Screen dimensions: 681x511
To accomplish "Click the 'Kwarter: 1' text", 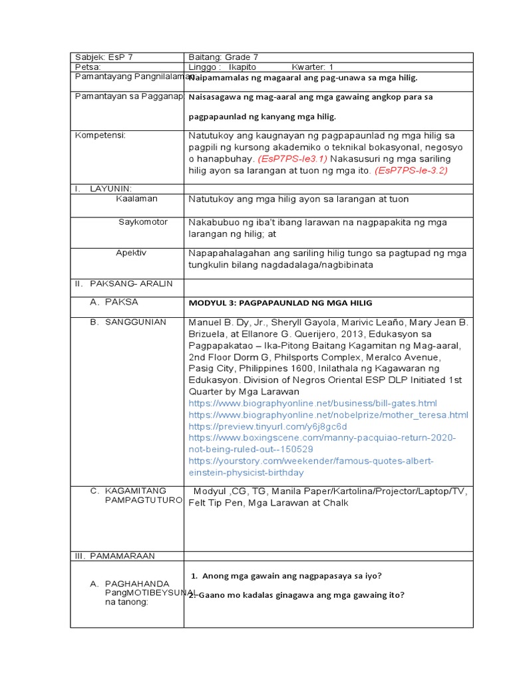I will pyautogui.click(x=312, y=67).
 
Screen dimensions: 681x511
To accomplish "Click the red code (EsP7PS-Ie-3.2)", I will pyautogui.click(x=411, y=170).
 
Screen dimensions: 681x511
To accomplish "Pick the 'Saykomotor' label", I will pyautogui.click(x=143, y=221).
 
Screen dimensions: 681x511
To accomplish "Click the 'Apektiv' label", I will pyautogui.click(x=131, y=253).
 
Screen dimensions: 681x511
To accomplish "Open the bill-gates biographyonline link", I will pyautogui.click(x=313, y=404).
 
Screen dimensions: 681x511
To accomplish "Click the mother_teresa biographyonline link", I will pyautogui.click(x=328, y=415).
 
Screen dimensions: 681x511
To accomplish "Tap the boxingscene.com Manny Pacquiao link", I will pyautogui.click(x=322, y=444).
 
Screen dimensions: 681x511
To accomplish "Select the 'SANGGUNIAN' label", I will pyautogui.click(x=136, y=322).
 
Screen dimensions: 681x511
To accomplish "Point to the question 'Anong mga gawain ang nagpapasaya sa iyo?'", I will pyautogui.click(x=291, y=575).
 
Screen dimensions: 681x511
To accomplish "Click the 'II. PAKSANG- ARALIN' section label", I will pyautogui.click(x=124, y=283).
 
